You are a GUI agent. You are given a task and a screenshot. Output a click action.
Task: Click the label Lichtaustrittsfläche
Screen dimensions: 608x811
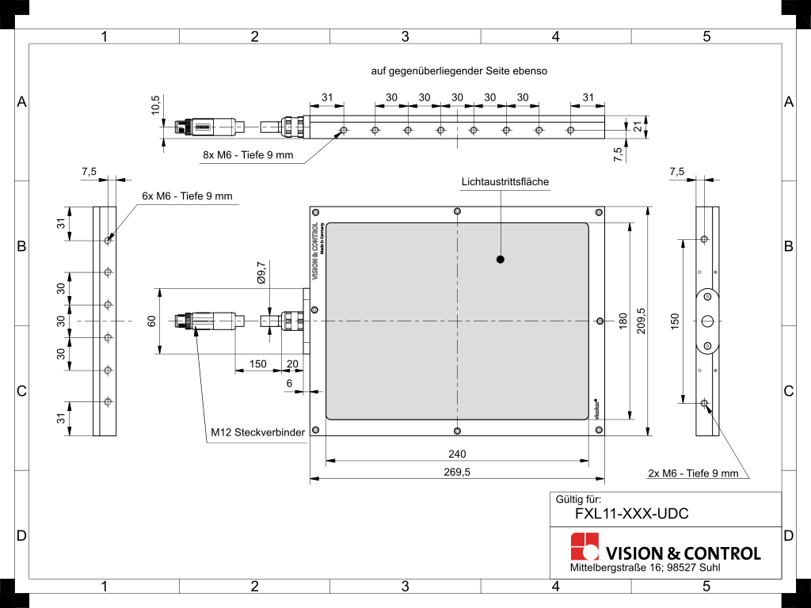[505, 182]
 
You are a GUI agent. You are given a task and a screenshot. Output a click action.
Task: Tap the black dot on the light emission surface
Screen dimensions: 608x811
[501, 259]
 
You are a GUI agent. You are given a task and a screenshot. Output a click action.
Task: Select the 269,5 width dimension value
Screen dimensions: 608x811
[457, 472]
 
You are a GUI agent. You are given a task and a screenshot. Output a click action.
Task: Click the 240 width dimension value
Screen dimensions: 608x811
[457, 454]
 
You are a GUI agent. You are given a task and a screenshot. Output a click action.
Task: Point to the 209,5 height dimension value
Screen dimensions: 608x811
[641, 321]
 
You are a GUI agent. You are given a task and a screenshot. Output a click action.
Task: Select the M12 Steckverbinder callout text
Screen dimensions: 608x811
[257, 433]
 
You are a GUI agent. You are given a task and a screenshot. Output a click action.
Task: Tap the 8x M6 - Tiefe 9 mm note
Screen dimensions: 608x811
[248, 155]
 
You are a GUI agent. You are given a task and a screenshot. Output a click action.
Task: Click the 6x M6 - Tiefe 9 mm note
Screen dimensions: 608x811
[188, 196]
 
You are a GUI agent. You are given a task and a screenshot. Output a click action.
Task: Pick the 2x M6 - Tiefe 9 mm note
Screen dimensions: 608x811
[693, 473]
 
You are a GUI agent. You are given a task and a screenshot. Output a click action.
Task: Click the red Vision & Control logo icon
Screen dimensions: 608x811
[585, 546]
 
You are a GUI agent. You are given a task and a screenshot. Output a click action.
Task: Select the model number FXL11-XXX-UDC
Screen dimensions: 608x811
[621, 514]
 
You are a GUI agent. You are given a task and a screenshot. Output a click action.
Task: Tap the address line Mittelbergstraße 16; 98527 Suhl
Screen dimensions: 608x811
[645, 568]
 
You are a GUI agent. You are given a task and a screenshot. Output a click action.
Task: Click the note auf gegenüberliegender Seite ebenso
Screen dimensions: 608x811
[459, 70]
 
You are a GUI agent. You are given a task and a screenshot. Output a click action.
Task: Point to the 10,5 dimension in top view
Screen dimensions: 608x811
[155, 106]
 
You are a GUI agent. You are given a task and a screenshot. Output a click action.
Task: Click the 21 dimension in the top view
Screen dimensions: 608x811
[638, 125]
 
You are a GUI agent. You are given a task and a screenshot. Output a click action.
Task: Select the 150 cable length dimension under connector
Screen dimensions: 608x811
[257, 364]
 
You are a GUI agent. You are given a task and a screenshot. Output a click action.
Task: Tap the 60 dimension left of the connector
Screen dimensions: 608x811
[151, 321]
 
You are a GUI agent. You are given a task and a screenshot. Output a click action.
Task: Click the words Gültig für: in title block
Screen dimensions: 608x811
[578, 499]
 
